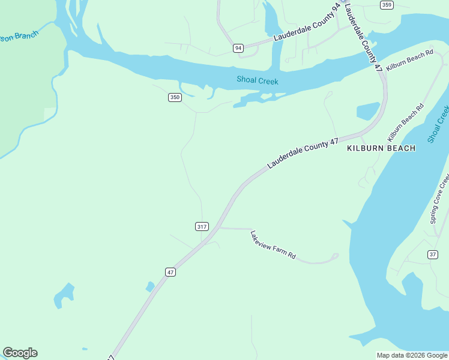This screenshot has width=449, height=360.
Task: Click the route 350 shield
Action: click(174, 97)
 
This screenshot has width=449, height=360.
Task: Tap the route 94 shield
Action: click(238, 48)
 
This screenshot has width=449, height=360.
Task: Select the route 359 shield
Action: click(387, 5)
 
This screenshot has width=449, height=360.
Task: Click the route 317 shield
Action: click(202, 226)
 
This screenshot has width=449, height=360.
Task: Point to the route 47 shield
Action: click(170, 272)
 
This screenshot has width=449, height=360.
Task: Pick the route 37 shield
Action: click(432, 255)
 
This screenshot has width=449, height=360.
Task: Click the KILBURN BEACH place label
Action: click(381, 148)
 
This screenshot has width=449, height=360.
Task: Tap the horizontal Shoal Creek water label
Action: click(257, 80)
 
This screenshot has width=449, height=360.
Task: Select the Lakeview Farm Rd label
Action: click(273, 245)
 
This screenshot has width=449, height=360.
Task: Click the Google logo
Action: click(20, 353)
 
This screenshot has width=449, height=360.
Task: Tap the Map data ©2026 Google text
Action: click(411, 355)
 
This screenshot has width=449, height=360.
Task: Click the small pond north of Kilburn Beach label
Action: click(368, 111)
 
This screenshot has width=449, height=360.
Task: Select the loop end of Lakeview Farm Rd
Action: click(334, 257)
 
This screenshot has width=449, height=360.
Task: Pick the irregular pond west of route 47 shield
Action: click(64, 295)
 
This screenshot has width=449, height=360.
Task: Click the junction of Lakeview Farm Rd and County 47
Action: click(219, 228)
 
